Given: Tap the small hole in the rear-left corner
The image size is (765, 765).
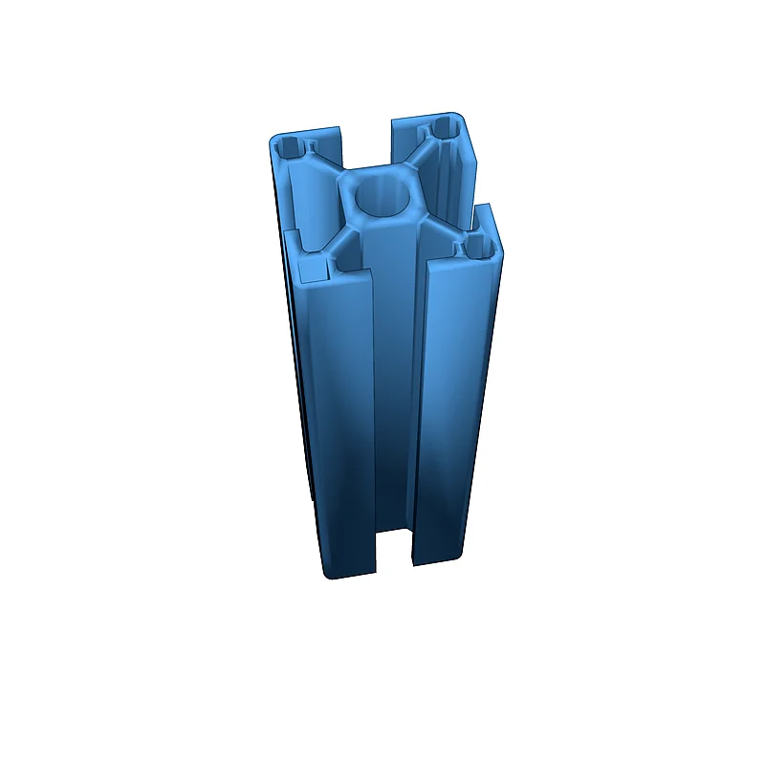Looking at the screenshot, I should click(x=289, y=148).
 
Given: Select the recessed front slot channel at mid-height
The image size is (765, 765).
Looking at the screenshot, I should click(x=393, y=402).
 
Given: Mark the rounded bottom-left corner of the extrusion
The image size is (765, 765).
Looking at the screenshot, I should click(x=328, y=574).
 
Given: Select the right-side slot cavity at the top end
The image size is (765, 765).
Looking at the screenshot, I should click(x=459, y=182).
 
